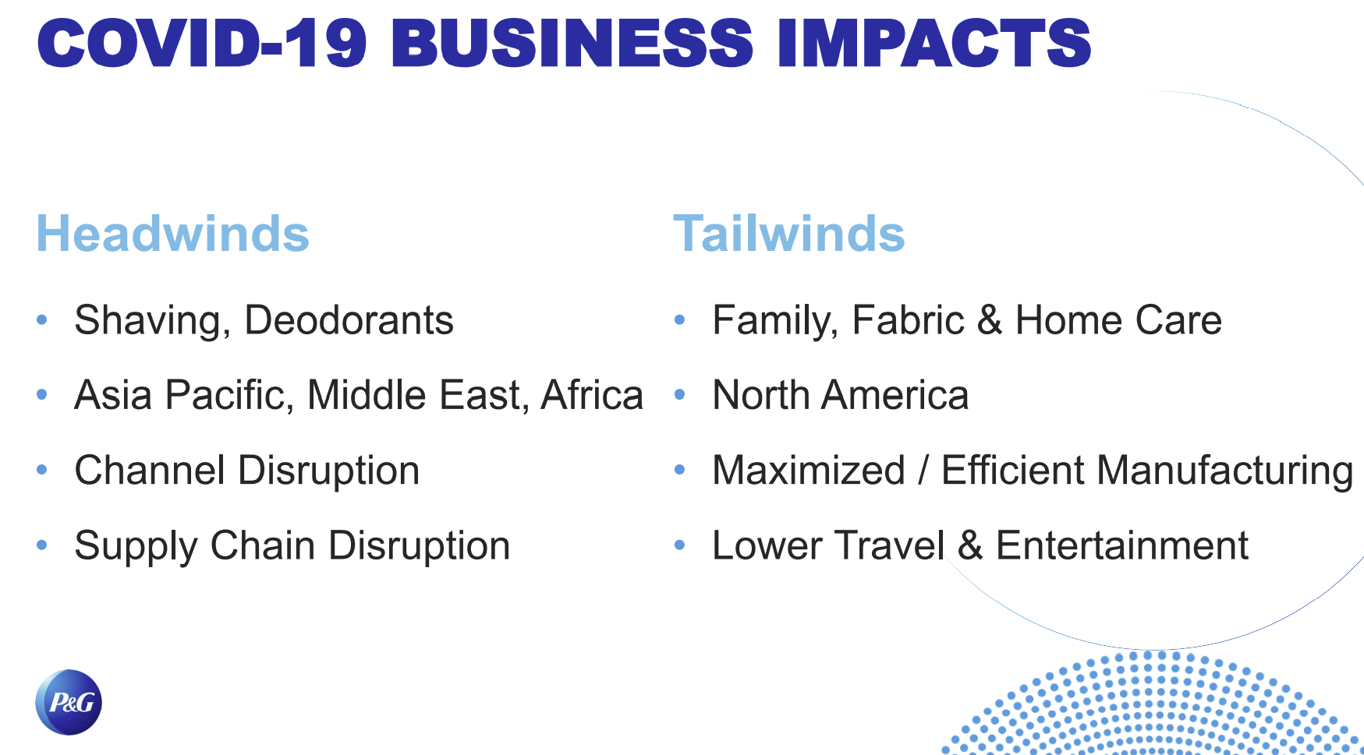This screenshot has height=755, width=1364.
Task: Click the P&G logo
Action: (69, 702)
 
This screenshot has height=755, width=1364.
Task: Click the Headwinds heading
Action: (172, 234)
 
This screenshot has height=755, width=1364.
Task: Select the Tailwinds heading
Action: (788, 234)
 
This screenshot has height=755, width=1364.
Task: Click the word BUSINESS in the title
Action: (572, 44)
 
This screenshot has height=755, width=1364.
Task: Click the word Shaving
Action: (152, 321)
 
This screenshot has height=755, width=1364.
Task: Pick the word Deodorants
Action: (349, 320)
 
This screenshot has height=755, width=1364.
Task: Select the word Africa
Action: (592, 395)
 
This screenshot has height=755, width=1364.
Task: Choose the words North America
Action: (841, 395)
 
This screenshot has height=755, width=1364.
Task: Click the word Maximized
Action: (809, 471)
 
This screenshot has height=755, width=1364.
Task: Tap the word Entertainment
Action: (1122, 545)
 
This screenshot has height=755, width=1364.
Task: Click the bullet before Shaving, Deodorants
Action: (42, 319)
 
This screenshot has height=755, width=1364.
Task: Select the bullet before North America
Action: (680, 394)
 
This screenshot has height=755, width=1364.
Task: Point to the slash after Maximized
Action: (923, 471)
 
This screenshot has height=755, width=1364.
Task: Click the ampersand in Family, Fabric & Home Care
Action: (990, 320)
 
